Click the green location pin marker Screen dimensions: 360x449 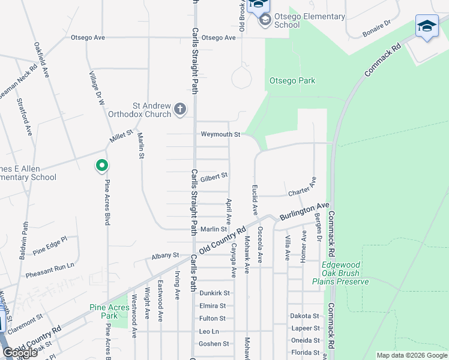[102, 165]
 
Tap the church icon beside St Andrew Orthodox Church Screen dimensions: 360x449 [180, 109]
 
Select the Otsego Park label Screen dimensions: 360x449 [292, 80]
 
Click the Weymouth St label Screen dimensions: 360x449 [220, 134]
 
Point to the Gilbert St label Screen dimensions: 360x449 [214, 176]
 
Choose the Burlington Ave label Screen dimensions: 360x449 [307, 211]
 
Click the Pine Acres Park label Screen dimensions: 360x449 [109, 311]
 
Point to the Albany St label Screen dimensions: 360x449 [166, 255]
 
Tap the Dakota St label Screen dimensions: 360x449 [304, 316]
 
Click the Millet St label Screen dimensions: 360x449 [120, 139]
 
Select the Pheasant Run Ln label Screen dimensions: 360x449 [50, 270]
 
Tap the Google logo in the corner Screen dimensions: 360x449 [20, 352]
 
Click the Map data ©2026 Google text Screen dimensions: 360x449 [411, 355]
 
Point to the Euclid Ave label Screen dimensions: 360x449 [255, 200]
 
